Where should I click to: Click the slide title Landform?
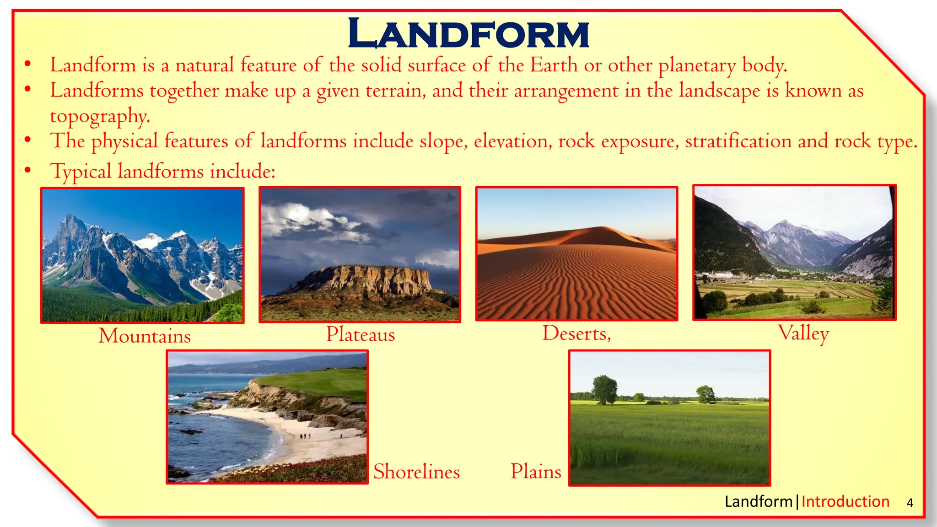click(x=468, y=34)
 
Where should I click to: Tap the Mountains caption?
click(x=145, y=336)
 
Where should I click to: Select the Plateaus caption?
click(x=361, y=334)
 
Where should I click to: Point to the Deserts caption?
click(x=576, y=333)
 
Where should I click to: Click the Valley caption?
click(x=803, y=333)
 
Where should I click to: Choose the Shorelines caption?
click(x=416, y=472)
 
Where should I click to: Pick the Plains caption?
click(x=536, y=471)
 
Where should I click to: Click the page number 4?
click(x=910, y=503)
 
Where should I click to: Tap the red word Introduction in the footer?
click(x=845, y=502)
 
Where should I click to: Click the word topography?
click(x=100, y=116)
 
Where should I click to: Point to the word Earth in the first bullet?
click(x=554, y=65)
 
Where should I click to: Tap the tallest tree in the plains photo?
click(x=604, y=389)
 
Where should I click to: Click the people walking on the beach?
click(x=305, y=436)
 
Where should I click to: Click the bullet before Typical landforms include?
click(x=28, y=170)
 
